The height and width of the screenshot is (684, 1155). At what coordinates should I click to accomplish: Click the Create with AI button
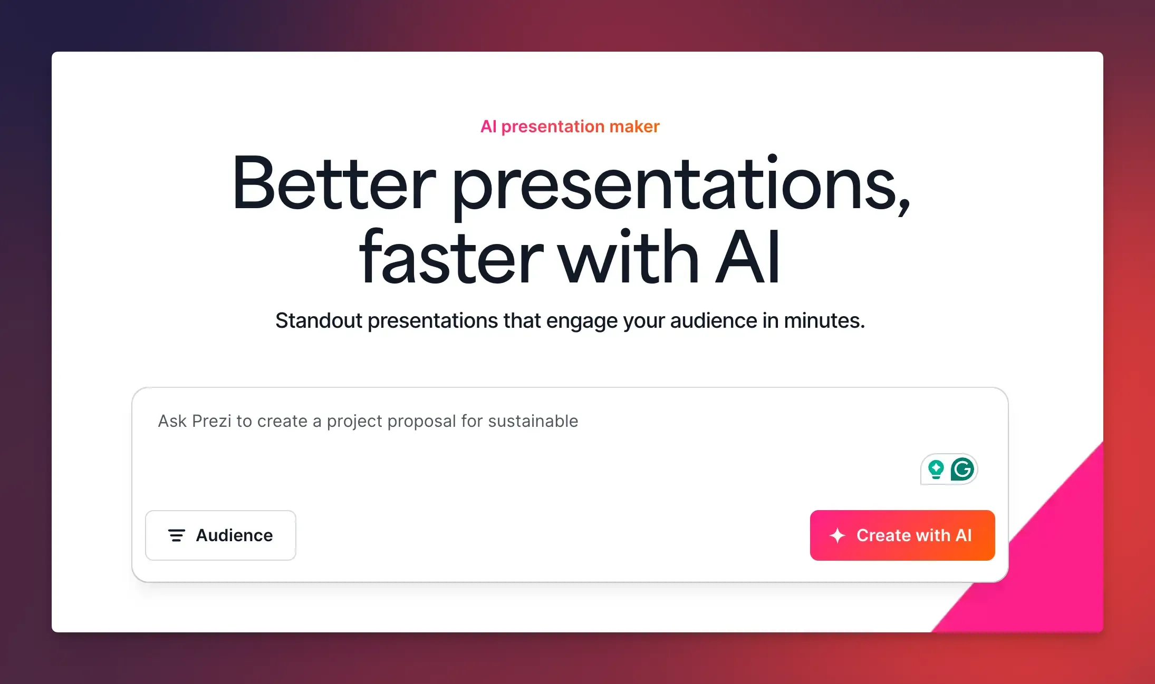[902, 535]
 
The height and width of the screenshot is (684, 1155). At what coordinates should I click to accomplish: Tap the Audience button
[220, 535]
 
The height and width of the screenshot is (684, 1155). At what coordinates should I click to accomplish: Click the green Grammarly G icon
[962, 469]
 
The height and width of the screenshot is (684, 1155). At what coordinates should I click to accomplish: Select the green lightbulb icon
[936, 469]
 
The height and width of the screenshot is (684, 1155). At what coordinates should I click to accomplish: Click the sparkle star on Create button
[838, 535]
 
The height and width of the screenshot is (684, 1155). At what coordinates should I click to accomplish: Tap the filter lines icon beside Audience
[176, 535]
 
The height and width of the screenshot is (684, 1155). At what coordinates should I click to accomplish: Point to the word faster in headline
[451, 258]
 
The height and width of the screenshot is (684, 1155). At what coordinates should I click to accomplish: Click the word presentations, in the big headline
[680, 184]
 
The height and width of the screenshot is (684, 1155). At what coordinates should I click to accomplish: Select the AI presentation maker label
[570, 126]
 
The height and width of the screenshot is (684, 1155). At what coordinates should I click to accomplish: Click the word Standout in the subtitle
[319, 320]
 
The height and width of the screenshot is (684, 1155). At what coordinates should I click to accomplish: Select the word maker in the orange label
[634, 126]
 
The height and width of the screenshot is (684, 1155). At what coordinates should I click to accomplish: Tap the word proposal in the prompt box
[421, 421]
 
